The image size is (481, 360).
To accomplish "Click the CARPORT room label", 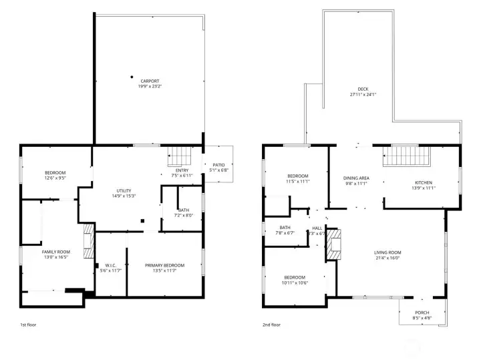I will coord(150,81).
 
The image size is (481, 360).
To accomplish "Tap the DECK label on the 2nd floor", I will coord(363,89).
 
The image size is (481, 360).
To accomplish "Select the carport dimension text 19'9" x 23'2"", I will coord(150,86).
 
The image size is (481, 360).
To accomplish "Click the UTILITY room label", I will coord(124,190).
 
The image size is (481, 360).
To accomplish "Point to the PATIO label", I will coord(218,164).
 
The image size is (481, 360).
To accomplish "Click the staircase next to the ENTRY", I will coord(178,156).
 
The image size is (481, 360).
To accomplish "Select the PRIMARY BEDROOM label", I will coord(164,265).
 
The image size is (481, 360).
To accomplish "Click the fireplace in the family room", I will coord(87,241).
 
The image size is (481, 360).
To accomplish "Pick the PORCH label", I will coord(422,313).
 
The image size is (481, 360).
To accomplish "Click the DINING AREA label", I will coord(355,178).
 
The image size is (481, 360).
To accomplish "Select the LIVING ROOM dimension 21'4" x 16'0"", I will coord(387,257).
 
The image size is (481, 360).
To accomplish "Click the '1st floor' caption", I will coord(29,325).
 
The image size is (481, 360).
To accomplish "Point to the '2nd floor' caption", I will coord(272,325).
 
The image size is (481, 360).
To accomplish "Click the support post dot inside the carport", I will coord(132,75).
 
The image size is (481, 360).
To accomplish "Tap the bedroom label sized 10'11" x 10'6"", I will coord(294,277).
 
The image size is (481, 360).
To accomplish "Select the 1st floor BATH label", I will coord(183,210).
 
